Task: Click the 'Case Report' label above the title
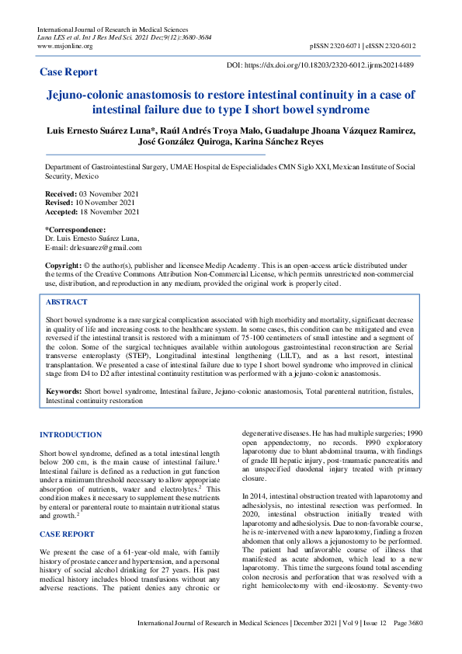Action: (x=68, y=72)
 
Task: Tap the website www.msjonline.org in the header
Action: (x=64, y=46)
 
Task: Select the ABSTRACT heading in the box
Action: (x=67, y=302)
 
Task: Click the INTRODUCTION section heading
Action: (x=71, y=434)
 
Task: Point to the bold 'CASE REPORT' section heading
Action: (x=67, y=512)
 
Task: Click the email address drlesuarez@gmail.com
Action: (x=104, y=248)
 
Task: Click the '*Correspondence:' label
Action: (x=75, y=230)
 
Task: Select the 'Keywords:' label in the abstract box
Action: (x=64, y=392)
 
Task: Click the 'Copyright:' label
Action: (x=63, y=266)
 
